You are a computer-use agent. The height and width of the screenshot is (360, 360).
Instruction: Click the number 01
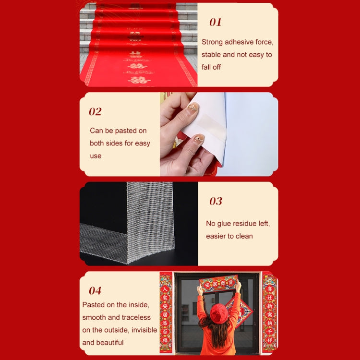click(x=216, y=23)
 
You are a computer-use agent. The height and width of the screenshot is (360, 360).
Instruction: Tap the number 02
click(x=95, y=112)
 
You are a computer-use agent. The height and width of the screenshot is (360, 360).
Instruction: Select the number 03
click(x=216, y=201)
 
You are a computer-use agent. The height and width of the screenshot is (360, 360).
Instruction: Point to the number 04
click(x=95, y=290)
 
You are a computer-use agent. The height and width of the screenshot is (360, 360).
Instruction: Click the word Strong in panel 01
click(x=212, y=42)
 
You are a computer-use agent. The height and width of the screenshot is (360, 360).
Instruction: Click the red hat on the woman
click(x=219, y=312)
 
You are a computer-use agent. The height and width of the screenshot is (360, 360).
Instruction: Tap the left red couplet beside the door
click(x=166, y=312)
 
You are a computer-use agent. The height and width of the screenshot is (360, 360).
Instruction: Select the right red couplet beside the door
click(x=269, y=312)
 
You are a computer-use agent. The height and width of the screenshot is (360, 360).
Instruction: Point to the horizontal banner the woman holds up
click(x=218, y=283)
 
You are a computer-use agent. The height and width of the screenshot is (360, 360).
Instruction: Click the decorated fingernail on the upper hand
click(x=193, y=107)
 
